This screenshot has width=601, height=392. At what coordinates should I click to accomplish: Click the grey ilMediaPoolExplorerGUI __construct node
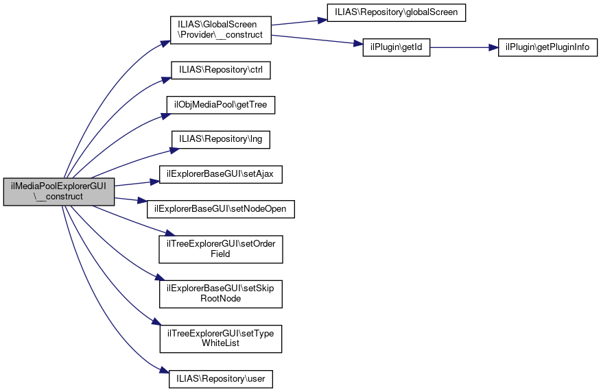[58, 192]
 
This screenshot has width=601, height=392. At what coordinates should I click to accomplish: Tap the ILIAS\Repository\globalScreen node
[397, 12]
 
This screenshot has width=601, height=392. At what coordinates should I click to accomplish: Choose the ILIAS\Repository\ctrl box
[220, 70]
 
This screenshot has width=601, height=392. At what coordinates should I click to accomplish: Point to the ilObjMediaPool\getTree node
[220, 105]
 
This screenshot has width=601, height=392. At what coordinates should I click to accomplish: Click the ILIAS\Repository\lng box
[220, 140]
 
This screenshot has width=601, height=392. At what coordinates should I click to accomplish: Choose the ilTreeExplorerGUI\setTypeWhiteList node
[220, 338]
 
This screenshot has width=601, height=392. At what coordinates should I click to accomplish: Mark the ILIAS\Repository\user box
[220, 378]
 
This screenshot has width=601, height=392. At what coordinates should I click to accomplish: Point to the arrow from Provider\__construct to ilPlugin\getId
[316, 39]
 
